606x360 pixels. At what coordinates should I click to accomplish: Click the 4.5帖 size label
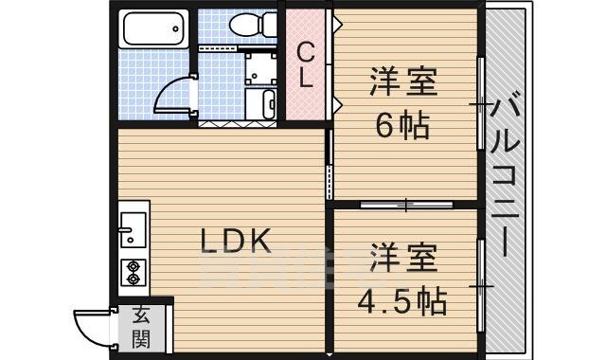coord(401,300)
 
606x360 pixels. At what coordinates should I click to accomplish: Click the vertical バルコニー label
coord(503,176)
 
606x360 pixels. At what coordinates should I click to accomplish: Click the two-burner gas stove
coord(132,272)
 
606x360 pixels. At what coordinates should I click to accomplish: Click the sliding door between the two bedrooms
coord(405,204)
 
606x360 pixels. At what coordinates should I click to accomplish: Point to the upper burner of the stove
coord(132,264)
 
